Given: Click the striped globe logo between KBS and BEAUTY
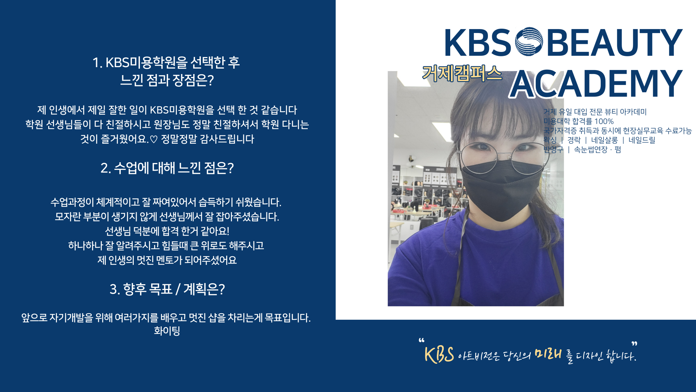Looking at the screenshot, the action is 529,42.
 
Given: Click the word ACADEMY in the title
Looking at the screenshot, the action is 596,84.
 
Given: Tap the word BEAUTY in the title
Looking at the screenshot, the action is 615,42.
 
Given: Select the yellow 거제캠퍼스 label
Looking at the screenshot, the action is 462,73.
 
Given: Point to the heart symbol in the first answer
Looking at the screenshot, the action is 154,139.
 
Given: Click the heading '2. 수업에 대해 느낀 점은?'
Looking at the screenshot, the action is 167,168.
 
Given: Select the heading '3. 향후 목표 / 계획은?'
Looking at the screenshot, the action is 167,289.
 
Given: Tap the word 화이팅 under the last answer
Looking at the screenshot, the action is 167,331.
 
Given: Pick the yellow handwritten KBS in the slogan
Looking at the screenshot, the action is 439,355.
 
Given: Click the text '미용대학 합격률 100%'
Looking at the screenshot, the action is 579,121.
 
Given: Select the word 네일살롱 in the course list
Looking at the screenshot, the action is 604,140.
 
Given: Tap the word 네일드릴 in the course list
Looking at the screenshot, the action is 642,140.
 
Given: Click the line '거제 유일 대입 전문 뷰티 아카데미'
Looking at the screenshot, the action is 595,112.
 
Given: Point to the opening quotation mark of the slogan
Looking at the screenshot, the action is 421,340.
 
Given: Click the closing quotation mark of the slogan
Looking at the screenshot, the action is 634,343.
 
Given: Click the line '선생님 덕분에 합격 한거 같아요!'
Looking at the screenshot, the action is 167,231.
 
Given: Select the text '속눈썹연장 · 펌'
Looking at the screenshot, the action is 597,150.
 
